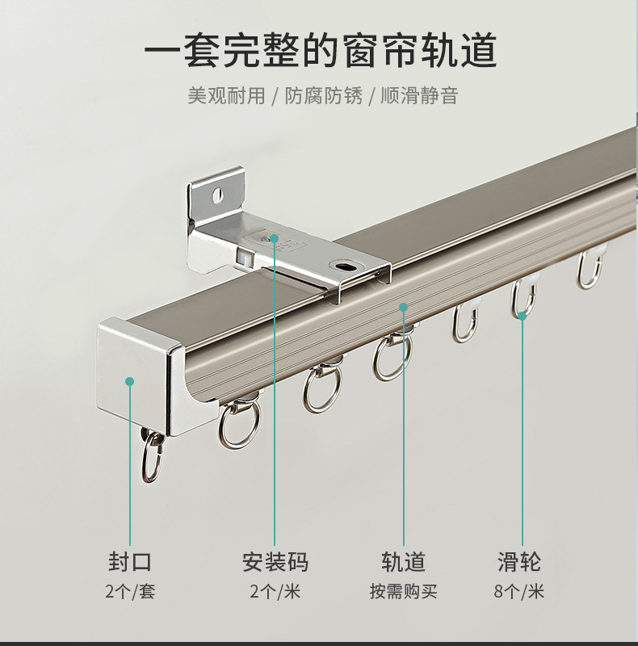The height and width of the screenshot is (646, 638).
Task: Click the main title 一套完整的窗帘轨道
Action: click(x=320, y=51)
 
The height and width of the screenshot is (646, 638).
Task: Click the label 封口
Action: click(x=129, y=562)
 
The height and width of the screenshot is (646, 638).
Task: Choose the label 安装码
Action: click(x=275, y=562)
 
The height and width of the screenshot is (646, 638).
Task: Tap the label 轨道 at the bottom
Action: click(x=403, y=562)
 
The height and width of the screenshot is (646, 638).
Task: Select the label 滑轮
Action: click(x=520, y=562)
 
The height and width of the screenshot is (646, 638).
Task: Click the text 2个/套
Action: click(x=129, y=592)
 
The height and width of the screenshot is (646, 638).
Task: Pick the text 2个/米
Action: click(x=275, y=592)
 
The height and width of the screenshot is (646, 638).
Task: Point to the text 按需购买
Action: click(x=403, y=592)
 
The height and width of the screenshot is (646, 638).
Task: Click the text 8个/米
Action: click(x=520, y=592)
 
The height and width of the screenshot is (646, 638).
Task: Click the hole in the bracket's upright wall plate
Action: click(x=216, y=195)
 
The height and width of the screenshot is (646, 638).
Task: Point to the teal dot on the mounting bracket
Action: click(x=275, y=239)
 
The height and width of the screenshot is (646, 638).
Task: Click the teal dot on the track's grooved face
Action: click(x=403, y=306)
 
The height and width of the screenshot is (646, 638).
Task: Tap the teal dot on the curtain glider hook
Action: click(x=523, y=316)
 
